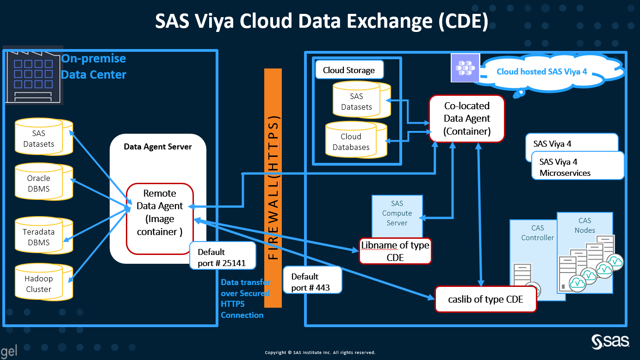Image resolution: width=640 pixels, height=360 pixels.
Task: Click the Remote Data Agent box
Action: (160, 218)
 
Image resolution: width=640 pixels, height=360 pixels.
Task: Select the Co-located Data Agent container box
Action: (466, 118)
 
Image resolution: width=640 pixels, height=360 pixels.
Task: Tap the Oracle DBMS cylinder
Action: (42, 183)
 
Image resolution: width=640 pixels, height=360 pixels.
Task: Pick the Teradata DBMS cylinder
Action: (42, 237)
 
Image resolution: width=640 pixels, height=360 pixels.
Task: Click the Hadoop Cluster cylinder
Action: (42, 284)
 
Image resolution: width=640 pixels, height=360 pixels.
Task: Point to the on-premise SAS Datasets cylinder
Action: (42, 138)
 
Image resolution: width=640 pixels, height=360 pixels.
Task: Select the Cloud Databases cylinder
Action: (354, 142)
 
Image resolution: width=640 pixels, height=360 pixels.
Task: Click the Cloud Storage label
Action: (349, 70)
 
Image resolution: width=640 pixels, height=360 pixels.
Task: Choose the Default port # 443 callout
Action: (313, 282)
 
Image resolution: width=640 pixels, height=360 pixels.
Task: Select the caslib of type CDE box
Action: (485, 299)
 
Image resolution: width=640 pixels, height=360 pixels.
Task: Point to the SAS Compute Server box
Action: (397, 213)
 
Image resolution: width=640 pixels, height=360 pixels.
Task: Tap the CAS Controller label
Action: (537, 233)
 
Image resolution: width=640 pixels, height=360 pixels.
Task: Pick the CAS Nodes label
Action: (585, 225)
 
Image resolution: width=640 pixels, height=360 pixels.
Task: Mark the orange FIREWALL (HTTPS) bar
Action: (273, 187)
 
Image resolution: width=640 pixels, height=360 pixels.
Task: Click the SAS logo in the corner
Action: (610, 341)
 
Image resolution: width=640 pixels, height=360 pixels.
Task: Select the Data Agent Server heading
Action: (158, 147)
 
